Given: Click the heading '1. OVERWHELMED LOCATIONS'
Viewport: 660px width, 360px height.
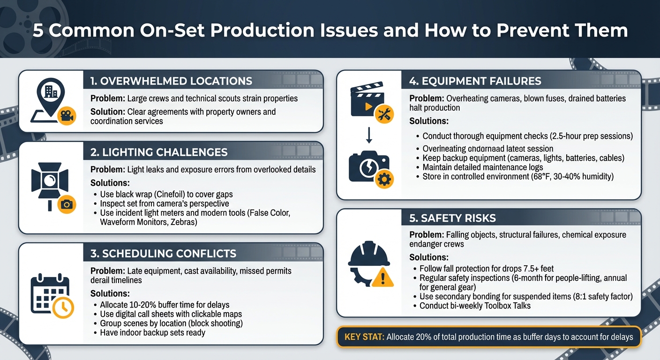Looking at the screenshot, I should [x=171, y=81].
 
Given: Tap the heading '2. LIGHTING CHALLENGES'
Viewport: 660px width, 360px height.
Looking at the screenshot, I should [x=159, y=152].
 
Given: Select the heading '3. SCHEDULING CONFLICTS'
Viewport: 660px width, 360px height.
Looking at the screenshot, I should [x=163, y=254].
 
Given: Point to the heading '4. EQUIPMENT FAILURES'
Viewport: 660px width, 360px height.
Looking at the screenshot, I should [x=475, y=81].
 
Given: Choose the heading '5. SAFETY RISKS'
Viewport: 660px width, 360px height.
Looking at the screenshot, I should [x=452, y=218].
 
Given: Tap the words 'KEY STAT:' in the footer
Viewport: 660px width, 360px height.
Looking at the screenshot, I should [x=364, y=337].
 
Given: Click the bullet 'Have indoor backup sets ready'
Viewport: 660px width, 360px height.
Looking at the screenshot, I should [x=152, y=333].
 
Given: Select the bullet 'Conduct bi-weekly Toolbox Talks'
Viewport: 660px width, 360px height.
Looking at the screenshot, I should [x=475, y=306].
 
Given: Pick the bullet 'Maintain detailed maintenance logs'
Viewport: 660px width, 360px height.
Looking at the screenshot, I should [x=482, y=167].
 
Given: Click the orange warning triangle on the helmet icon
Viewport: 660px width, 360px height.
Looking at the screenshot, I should [x=382, y=278].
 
